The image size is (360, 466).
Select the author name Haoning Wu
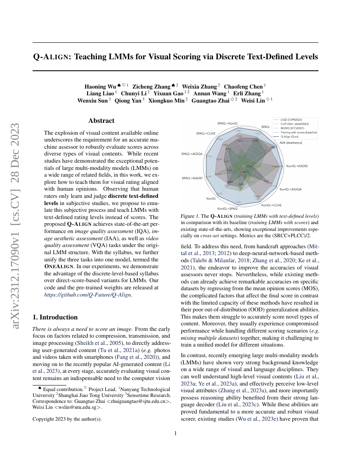pyautogui.click(x=101, y=86)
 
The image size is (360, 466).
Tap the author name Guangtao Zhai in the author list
pyautogui.click(x=210, y=100)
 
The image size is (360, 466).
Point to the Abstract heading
pyautogui.click(x=101, y=121)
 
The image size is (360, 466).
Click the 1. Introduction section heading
pyautogui.click(x=55, y=317)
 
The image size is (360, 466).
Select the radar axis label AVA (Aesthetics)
pyautogui.click(x=291, y=143)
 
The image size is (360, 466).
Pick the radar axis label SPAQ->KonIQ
pyautogui.click(x=227, y=123)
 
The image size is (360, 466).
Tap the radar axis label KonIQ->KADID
pyautogui.click(x=297, y=166)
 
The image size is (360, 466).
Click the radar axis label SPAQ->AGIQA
pyautogui.click(x=192, y=153)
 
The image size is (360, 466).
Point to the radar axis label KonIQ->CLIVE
pyautogui.click(x=271, y=205)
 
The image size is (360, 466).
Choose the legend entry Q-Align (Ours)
pyautogui.click(x=289, y=136)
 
